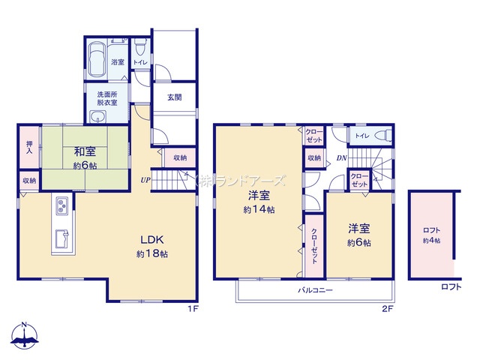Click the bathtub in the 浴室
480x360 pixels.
(x=97, y=60)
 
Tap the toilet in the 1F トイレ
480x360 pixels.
(x=140, y=47)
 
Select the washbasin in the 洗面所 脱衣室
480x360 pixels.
(x=98, y=117)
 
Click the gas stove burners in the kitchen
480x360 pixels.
(x=62, y=205)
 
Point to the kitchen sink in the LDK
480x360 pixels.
(x=62, y=238)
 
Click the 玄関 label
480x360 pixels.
(x=175, y=97)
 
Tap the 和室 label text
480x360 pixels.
(x=85, y=151)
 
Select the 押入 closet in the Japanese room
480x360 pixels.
(x=30, y=147)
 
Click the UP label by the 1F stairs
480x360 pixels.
(x=145, y=180)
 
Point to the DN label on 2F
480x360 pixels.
(x=342, y=158)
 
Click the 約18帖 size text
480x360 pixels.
(x=152, y=254)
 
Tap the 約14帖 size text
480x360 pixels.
(x=259, y=210)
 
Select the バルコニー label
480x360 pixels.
(x=316, y=290)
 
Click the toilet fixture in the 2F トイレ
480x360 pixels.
(x=384, y=135)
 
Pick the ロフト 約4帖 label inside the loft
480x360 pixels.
(x=432, y=235)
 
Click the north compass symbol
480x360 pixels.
(x=25, y=336)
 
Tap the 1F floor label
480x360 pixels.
(x=193, y=308)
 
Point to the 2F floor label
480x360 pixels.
(x=387, y=308)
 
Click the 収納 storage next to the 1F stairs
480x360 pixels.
(x=180, y=157)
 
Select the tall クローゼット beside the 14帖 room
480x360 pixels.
(x=314, y=246)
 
